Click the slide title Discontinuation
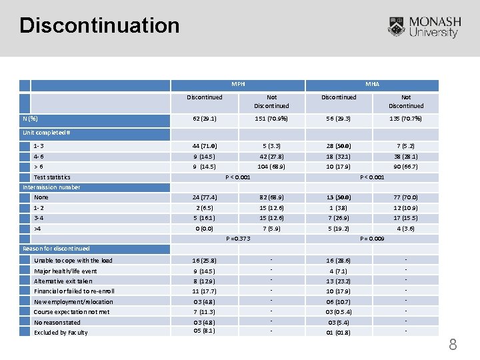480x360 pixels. (x=100, y=25)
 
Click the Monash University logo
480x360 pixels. (x=424, y=27)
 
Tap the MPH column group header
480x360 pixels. (x=238, y=85)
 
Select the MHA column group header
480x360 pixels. (x=372, y=85)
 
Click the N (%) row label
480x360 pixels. (x=30, y=119)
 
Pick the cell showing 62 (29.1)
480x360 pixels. (x=205, y=119)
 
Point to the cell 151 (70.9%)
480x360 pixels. (x=271, y=119)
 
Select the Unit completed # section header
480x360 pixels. (x=47, y=133)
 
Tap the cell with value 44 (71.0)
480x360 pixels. (x=205, y=146)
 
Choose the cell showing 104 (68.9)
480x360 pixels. (x=271, y=167)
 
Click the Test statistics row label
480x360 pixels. (x=52, y=177)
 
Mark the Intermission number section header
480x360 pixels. (x=51, y=187)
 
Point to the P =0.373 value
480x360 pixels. (x=238, y=239)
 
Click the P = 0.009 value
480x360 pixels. (x=372, y=239)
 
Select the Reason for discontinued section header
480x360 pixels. (x=56, y=249)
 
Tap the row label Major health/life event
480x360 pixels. (x=65, y=271)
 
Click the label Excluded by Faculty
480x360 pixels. (x=61, y=333)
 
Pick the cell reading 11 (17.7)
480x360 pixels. (x=205, y=291)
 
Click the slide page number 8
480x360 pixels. (x=453, y=345)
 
